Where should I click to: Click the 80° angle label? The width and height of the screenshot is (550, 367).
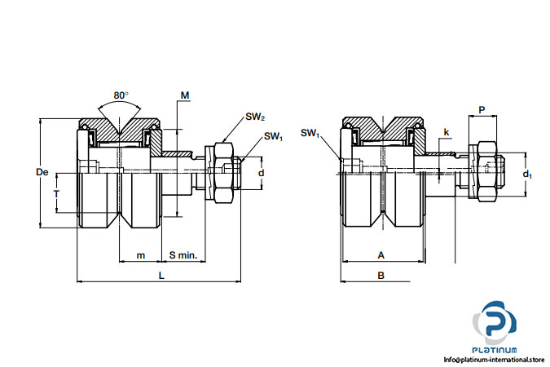[x=121, y=95]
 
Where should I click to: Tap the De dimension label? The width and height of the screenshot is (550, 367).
[x=42, y=172]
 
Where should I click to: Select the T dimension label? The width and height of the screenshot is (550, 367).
[x=56, y=193]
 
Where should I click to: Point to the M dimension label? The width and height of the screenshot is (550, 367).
[x=185, y=95]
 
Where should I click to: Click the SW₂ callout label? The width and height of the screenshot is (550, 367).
[x=255, y=117]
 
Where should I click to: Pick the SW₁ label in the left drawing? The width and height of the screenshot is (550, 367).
[x=273, y=137]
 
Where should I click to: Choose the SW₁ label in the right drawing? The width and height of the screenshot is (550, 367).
[x=310, y=133]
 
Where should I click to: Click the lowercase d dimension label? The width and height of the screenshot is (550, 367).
[x=261, y=173]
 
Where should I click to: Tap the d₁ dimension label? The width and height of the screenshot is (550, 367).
[x=527, y=174]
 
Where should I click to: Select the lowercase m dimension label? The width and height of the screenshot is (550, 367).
[x=141, y=255]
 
